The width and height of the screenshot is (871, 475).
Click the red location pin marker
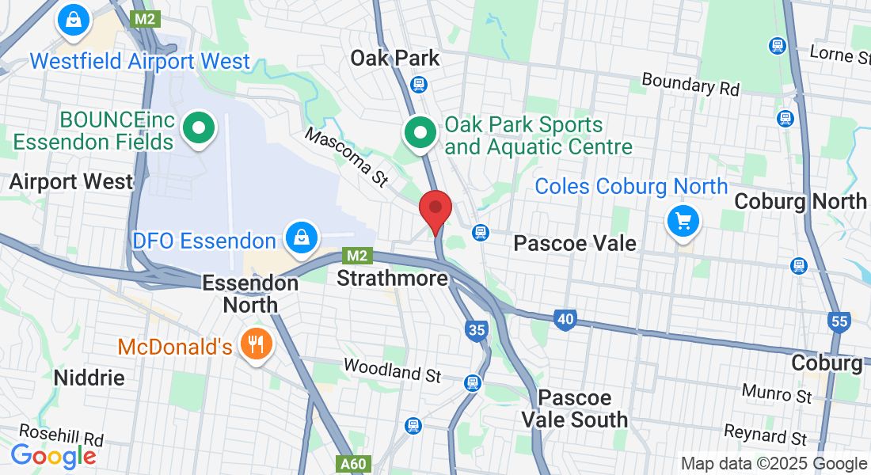435,208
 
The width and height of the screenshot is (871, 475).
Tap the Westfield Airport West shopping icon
73,20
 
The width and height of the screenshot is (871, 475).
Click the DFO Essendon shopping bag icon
302,237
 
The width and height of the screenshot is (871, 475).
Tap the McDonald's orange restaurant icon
255,344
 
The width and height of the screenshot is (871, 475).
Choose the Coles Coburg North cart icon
683,220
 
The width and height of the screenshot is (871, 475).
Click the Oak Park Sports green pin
420,132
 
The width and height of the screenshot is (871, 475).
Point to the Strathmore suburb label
392,279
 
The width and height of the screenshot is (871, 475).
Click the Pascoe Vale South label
575,408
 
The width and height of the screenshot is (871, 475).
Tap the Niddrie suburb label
89,378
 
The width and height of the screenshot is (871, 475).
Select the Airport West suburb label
71,181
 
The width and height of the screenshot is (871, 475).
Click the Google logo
53,456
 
